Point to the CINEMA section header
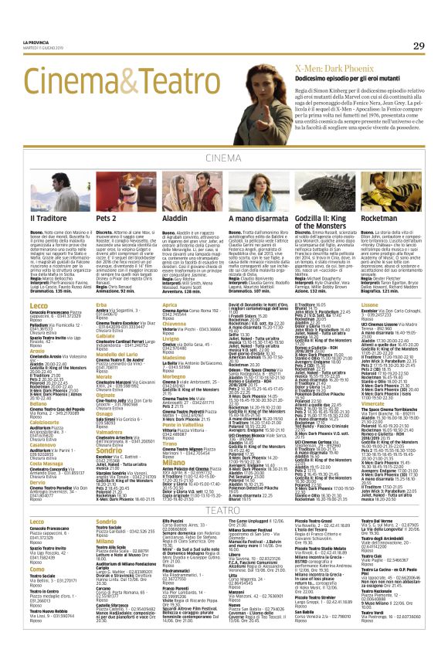tap(223, 158)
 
